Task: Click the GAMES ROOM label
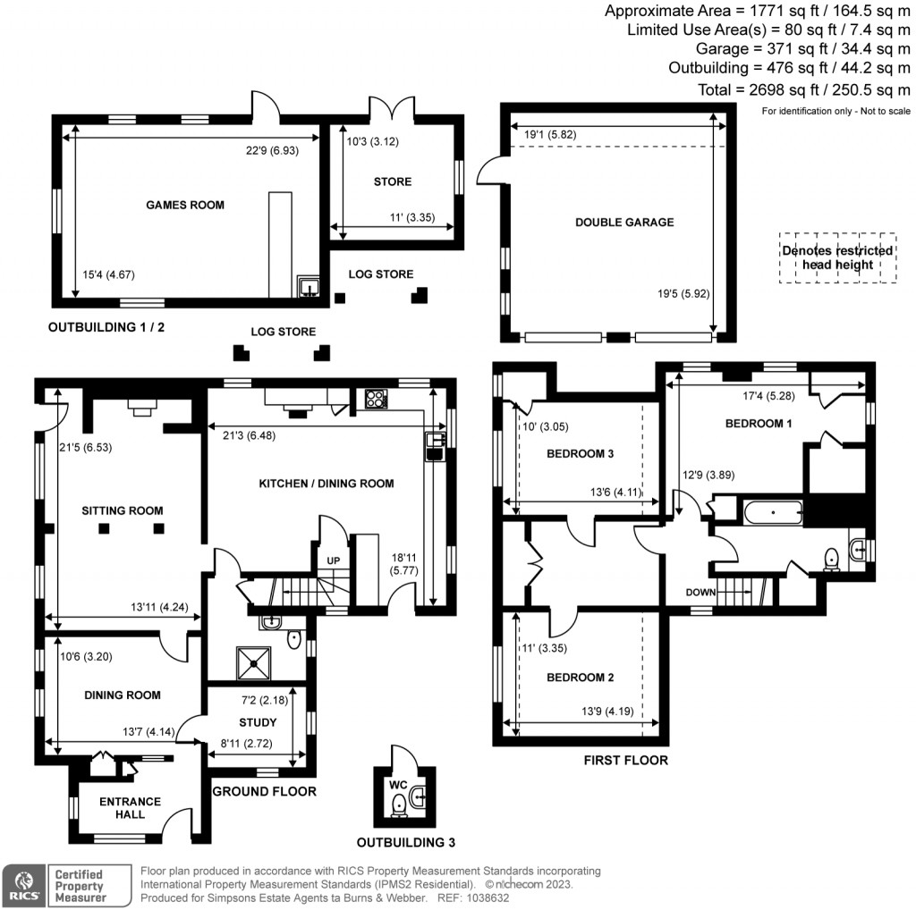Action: [x=185, y=205]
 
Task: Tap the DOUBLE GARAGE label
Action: [x=624, y=222]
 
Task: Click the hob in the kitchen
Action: [x=376, y=400]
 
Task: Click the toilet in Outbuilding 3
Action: [x=399, y=807]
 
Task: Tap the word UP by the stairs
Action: [x=333, y=560]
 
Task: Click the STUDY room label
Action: [x=258, y=722]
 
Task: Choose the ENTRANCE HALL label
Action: [x=130, y=808]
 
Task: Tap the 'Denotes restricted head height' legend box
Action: [x=836, y=257]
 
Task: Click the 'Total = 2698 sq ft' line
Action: [x=803, y=89]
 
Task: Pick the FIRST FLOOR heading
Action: [x=625, y=761]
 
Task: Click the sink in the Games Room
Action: [x=309, y=287]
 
